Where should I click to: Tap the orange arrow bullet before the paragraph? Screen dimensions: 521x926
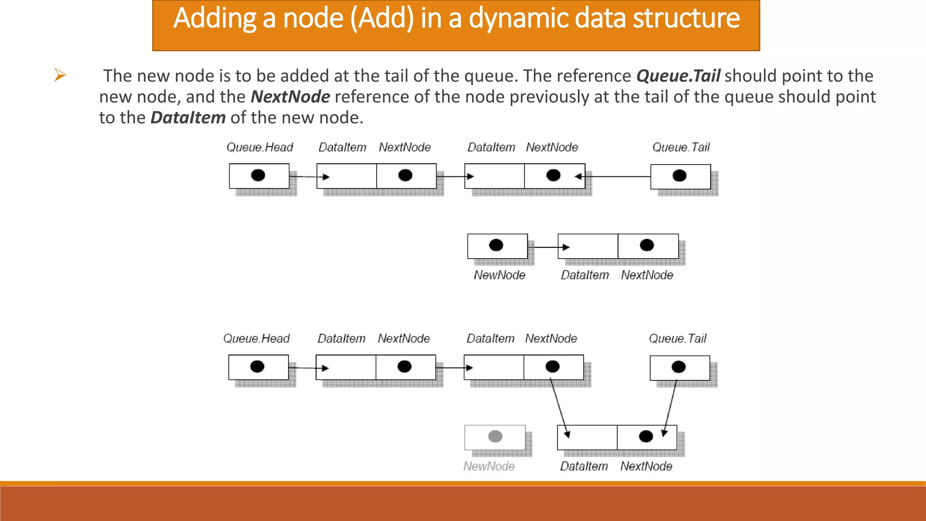(60, 75)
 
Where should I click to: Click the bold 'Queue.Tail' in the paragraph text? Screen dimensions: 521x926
(678, 76)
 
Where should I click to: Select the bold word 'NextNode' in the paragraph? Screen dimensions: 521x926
(290, 97)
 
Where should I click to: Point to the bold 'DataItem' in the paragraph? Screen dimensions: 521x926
(188, 118)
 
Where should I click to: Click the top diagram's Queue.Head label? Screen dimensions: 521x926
(260, 147)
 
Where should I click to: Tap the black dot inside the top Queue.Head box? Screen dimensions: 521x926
(258, 175)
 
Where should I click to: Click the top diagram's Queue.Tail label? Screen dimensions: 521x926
(681, 147)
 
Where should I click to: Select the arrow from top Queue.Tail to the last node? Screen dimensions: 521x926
(615, 176)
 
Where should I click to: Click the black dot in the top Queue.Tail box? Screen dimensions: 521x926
(679, 176)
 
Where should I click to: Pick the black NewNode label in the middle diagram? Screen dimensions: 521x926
(499, 275)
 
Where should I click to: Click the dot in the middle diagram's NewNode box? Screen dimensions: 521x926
(496, 245)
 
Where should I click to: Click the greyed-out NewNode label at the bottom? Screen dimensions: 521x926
(489, 466)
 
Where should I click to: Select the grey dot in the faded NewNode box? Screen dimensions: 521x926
(495, 436)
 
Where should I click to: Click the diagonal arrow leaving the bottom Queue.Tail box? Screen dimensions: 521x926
(670, 407)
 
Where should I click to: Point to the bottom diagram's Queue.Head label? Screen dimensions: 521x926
(256, 339)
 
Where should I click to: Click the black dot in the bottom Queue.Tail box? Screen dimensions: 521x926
(678, 367)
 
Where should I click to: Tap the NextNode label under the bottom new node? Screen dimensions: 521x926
(646, 466)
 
